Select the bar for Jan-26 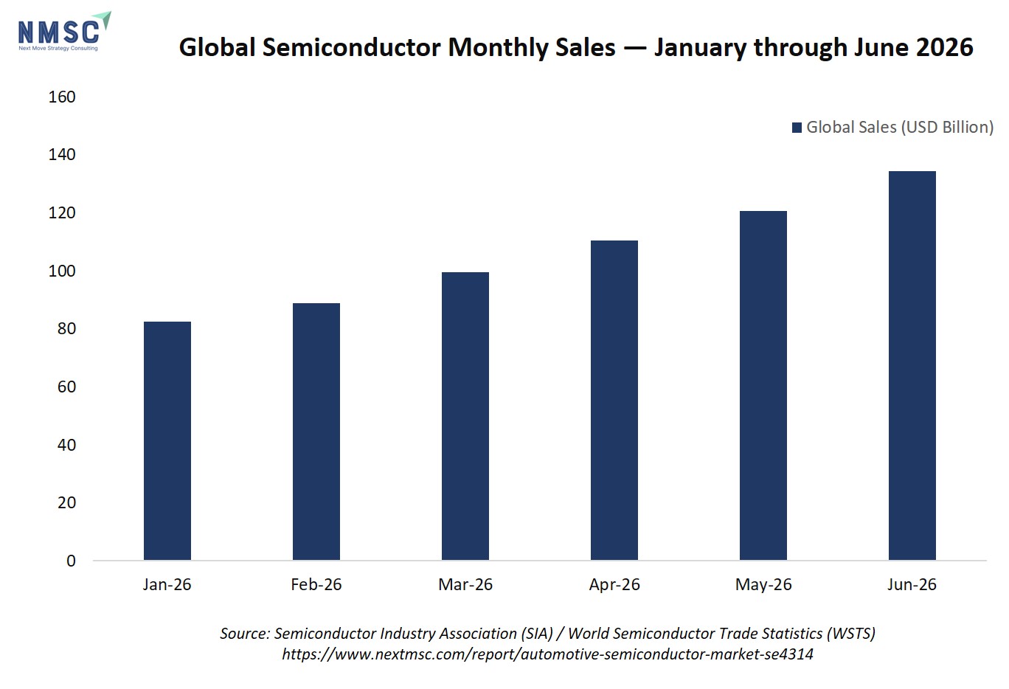tap(167, 440)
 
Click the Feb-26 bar tap(316, 432)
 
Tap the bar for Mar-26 tap(465, 416)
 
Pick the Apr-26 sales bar tap(614, 400)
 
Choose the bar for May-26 tap(763, 385)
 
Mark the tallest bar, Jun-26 tap(912, 365)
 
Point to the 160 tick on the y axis tap(62, 97)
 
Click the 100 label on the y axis tap(62, 271)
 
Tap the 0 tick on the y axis tap(71, 561)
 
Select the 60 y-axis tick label tap(66, 387)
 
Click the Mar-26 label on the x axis tap(465, 584)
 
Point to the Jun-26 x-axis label tap(912, 584)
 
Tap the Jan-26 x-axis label tap(167, 584)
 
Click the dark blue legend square tap(797, 128)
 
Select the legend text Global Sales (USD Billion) tap(900, 128)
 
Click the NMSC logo tap(64, 32)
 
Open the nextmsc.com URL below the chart tap(548, 654)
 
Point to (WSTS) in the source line tap(851, 634)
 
